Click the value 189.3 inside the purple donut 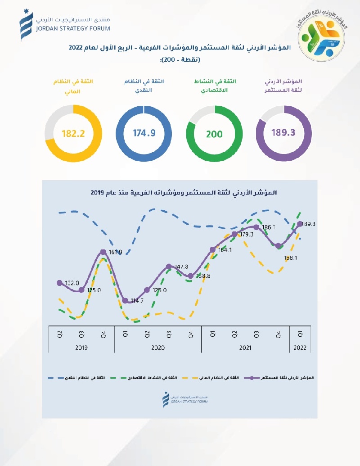[283, 133]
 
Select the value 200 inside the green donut [215, 134]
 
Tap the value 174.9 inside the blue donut [144, 133]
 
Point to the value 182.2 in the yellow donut [73, 133]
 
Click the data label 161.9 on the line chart [116, 253]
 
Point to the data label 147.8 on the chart [180, 267]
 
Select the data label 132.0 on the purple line [72, 283]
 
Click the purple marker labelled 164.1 [212, 250]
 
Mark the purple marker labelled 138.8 [190, 276]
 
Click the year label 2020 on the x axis [157, 348]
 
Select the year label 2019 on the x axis [81, 348]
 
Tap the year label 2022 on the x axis [300, 348]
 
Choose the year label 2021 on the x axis [245, 348]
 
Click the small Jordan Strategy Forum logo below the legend [180, 398]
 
